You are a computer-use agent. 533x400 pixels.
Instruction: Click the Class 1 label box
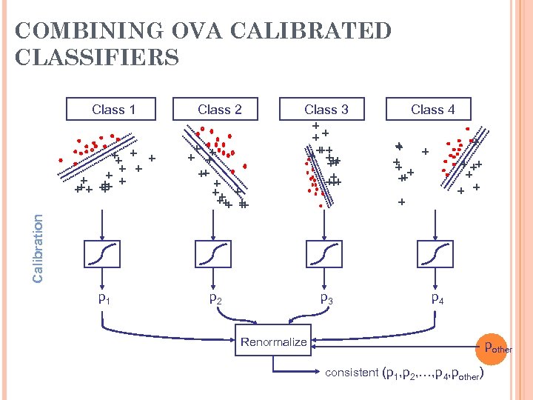tap(113, 110)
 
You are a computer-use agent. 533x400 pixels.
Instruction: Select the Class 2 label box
tap(219, 110)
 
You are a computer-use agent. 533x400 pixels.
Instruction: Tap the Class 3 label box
tap(326, 110)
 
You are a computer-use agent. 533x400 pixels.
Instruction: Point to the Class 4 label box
tap(432, 110)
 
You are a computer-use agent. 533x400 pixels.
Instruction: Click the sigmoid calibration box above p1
tap(103, 254)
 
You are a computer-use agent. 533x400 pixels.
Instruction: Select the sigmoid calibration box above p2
tap(213, 254)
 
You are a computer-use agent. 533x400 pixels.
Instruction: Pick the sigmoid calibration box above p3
tap(324, 254)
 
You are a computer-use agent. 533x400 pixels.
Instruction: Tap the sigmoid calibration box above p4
tap(435, 254)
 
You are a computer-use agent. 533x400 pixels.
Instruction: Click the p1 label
tap(105, 299)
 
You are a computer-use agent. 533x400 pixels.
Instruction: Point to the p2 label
tap(215, 299)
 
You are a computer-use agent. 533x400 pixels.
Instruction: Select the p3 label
tap(326, 299)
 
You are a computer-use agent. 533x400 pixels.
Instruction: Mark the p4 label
tap(438, 299)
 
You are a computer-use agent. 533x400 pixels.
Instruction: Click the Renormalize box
tap(273, 341)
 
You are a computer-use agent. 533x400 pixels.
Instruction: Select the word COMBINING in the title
tap(82, 31)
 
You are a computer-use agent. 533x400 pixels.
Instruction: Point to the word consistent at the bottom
tap(351, 373)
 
